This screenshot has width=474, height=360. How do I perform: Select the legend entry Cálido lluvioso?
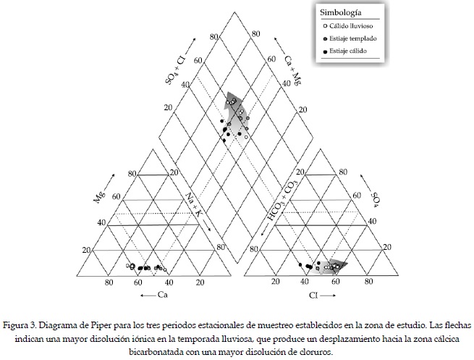[x=355, y=25]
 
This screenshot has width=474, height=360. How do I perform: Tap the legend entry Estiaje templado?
[x=357, y=38]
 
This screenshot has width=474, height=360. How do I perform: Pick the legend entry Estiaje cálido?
[x=352, y=51]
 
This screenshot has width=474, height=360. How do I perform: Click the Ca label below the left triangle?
[x=164, y=296]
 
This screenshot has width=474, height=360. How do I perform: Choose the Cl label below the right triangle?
[x=313, y=296]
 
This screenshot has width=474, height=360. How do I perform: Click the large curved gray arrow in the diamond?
[x=235, y=112]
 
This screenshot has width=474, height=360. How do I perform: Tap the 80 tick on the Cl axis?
[x=368, y=282]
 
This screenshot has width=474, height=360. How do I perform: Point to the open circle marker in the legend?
[x=326, y=25]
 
